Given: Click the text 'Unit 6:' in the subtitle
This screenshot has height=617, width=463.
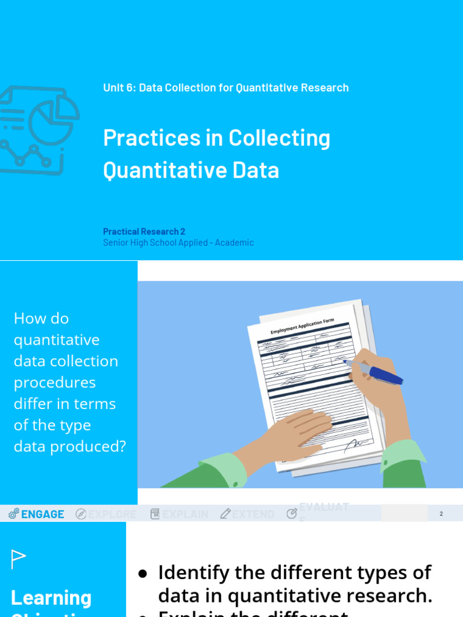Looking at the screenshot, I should click(x=119, y=88).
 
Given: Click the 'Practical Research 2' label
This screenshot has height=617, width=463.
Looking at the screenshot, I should click(x=144, y=231).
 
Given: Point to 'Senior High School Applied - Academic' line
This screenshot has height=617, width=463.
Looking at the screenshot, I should click(x=178, y=243).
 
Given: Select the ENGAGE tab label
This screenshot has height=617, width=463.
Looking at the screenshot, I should click(x=43, y=514).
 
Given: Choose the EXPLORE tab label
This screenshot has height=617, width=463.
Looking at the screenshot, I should click(x=113, y=514).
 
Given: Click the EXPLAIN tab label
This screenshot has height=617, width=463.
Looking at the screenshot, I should click(x=185, y=514).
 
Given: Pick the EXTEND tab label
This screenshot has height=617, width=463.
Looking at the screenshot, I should click(x=253, y=514).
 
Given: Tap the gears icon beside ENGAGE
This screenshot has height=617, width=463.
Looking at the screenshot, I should click(x=14, y=514).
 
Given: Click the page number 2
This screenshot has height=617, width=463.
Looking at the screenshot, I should click(x=441, y=514).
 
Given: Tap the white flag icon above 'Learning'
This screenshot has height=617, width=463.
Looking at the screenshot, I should click(x=19, y=559).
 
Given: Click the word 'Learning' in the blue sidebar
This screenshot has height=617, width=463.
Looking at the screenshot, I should click(x=51, y=598).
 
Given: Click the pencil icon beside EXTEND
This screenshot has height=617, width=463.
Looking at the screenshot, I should click(x=225, y=514).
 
